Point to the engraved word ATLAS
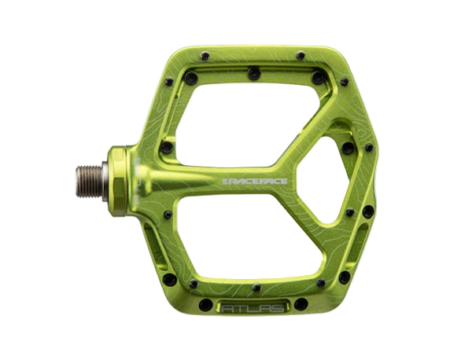tap(254, 303)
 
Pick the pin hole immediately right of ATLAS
tap(301, 303)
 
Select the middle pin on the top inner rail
tap(254, 73)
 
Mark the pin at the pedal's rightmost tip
tap(370, 148)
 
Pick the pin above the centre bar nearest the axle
tap(167, 146)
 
